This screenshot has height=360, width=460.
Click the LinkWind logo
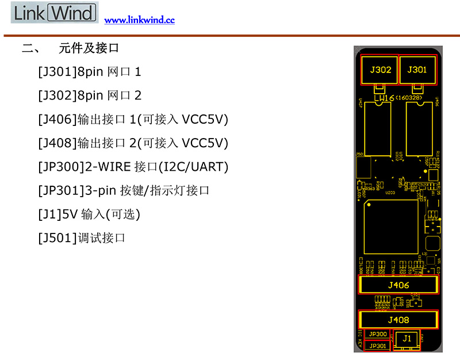point(54,13)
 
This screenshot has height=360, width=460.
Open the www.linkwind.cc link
point(139,20)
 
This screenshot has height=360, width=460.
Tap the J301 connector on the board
point(417,70)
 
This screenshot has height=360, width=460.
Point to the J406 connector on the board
point(398,285)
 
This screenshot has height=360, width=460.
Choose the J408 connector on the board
point(398,320)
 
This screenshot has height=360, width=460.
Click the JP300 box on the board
point(377,334)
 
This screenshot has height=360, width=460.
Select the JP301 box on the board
point(377,345)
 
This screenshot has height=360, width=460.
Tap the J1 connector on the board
point(407,339)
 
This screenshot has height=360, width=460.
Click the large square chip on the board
point(392,227)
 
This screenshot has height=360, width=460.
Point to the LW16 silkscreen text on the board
point(385,99)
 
